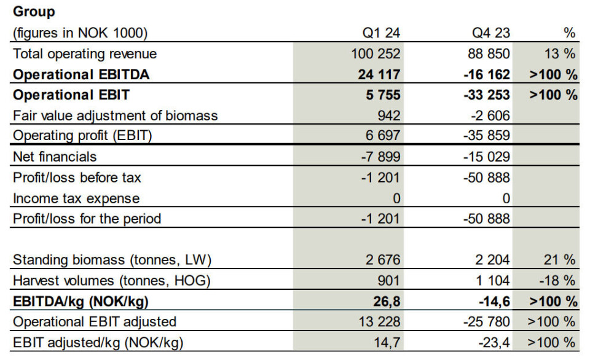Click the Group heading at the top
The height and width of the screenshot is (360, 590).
(34, 12)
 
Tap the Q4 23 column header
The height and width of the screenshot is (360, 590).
(492, 33)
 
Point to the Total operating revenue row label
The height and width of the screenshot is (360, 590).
(85, 54)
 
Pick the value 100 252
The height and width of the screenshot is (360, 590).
(375, 54)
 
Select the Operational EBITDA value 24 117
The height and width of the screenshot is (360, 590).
(379, 74)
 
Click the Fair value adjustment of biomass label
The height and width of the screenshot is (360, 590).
(116, 115)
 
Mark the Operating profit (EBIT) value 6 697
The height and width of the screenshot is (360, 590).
(382, 136)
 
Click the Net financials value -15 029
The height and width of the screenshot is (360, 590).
(486, 157)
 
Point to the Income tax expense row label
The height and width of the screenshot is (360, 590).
(76, 198)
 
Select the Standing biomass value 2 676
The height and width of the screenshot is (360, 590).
(382, 260)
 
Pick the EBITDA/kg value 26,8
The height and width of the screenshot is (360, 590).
(386, 302)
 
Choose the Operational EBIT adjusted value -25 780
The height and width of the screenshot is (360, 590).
(486, 322)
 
